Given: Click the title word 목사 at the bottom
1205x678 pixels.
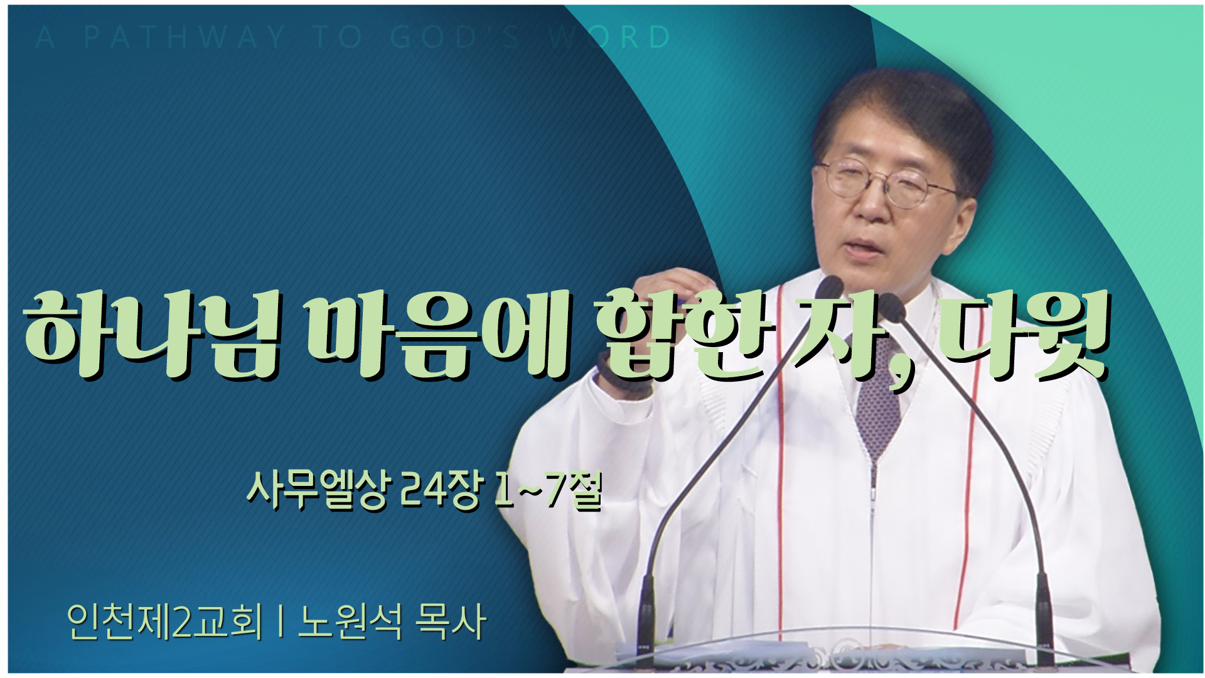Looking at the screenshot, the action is click(x=451, y=622).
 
